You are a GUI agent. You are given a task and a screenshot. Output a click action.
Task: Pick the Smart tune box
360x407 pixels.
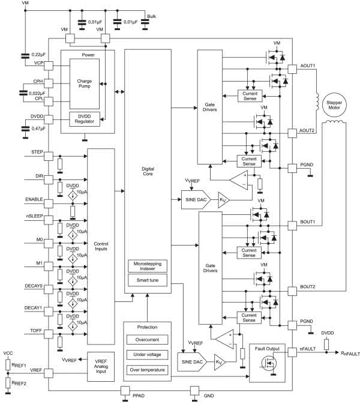tap(148, 280)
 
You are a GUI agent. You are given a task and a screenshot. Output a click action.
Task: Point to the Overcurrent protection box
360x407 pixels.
tap(148, 337)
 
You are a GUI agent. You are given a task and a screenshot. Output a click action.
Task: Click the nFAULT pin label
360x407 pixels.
tap(309, 349)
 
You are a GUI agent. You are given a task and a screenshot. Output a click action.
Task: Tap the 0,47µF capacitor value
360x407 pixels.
tap(38, 128)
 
